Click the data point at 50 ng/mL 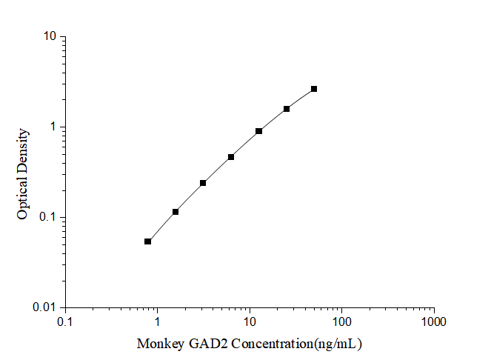point(314,89)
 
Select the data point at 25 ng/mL point(287,109)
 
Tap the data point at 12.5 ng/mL point(258,131)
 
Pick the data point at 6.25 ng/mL point(231,157)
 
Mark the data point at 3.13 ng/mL point(203,183)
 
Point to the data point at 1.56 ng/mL point(176,212)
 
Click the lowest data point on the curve point(147,241)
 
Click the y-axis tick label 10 point(51,36)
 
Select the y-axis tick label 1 point(54,127)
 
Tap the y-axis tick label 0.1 point(49,217)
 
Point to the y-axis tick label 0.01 point(46,307)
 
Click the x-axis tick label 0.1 point(65,322)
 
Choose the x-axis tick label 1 point(158,322)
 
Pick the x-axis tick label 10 point(250,322)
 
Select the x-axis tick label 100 point(341,322)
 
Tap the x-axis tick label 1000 point(433,322)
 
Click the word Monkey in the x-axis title point(158,344)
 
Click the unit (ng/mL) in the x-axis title point(337,344)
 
